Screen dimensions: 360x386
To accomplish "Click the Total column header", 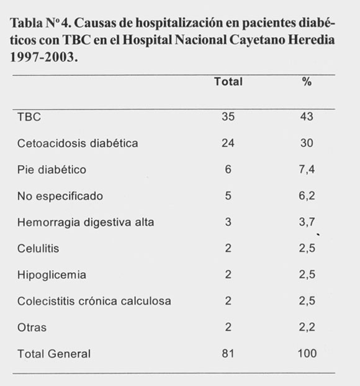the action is pos(228,81).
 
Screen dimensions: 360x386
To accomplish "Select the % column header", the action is pos(307,81).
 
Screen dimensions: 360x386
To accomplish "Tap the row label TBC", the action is pos(29,117).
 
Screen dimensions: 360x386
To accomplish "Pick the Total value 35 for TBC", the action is pos(228,117).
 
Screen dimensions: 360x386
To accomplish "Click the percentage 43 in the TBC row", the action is pos(307,117).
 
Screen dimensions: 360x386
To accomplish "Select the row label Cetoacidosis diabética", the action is pos(78,143).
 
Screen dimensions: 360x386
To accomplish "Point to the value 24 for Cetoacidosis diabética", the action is pos(228,143).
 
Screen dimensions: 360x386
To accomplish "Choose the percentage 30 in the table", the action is pos(307,143).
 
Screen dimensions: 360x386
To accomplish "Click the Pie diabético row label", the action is pos(52,169).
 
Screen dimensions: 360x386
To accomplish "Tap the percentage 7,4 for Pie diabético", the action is pos(307,169).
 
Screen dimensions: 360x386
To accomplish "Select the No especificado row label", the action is pos(60,196).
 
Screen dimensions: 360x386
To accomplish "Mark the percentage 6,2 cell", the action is pos(307,196).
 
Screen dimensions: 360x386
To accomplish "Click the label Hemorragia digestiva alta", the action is pos(86,222).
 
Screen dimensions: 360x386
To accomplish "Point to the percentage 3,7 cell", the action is pos(307,222).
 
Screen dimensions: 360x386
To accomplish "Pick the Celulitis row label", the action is pos(38,248).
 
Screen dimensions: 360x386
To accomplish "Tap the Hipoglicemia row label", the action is pos(52,275).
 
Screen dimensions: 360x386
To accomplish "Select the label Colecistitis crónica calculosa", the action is pos(94,301).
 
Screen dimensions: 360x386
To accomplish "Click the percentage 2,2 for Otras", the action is pos(307,328).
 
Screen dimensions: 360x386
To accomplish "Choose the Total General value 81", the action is pos(228,354).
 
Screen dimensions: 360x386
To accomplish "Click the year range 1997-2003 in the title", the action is pos(44,57).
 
